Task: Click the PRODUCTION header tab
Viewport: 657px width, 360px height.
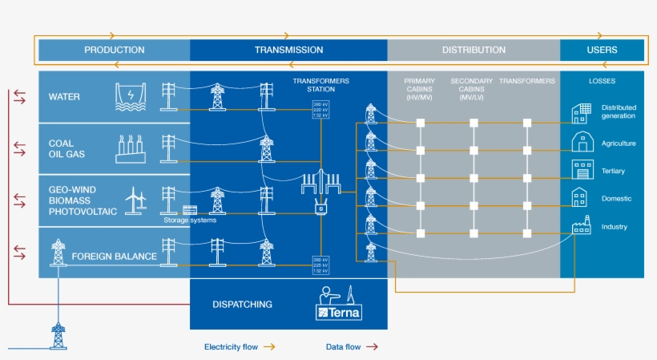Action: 115,50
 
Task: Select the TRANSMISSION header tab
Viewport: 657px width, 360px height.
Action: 288,50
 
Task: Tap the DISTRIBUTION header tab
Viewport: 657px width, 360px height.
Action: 474,50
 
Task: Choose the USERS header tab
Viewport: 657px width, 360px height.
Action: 602,50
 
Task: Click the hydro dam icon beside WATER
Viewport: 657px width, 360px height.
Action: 128,96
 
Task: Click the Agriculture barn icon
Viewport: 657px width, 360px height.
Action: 581,143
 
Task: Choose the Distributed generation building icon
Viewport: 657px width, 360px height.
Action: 581,112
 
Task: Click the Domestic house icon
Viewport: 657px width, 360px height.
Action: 581,197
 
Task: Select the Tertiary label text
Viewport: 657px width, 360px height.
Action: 613,171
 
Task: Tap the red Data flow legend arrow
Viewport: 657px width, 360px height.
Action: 372,347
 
